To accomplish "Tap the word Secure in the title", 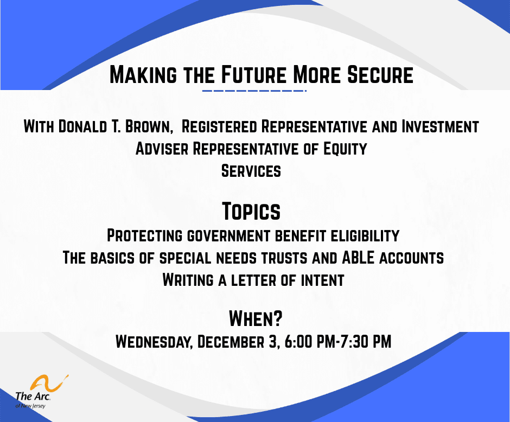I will (380, 74).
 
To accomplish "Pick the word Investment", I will (440, 127).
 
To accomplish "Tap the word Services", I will (251, 171).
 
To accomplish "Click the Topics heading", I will (251, 211).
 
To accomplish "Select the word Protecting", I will (144, 236).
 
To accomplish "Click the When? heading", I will (256, 318).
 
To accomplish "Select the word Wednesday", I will (153, 342).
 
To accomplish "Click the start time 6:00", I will (296, 342).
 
